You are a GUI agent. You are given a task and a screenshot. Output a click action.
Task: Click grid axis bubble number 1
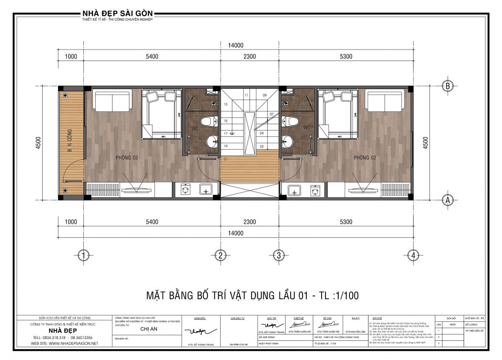pos(84,255)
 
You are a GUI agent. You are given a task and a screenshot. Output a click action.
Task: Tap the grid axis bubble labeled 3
pos(278,255)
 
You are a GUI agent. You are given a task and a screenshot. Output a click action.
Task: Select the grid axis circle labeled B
pos(447,85)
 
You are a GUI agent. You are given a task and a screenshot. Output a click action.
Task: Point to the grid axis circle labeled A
pos(447,200)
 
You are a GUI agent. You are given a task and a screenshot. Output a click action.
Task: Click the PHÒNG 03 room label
pos(127,157)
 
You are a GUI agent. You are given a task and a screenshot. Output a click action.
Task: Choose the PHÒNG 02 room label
pos(365,157)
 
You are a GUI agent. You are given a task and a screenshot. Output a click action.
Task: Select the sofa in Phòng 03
pos(112,101)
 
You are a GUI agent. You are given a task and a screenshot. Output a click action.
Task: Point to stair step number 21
pos(226,159)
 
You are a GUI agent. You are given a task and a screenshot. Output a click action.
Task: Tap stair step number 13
pos(226,105)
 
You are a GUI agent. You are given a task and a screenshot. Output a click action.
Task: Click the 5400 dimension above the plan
pos(152,56)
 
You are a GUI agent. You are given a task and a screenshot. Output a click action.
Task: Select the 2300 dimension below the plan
pos(249,222)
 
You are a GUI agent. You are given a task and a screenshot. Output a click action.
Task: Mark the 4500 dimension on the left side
pos(38,142)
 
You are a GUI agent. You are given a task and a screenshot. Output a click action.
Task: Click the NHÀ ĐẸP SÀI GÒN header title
pos(119,12)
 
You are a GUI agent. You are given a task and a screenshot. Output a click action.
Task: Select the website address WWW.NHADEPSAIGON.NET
pos(64,343)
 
